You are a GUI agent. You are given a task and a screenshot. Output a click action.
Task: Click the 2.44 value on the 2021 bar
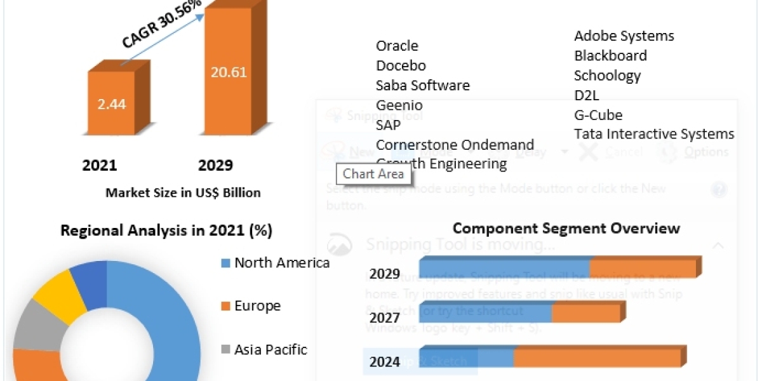click(112, 104)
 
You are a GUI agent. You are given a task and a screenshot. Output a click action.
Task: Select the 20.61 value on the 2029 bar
click(229, 72)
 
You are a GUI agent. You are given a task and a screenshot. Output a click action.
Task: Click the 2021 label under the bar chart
click(100, 166)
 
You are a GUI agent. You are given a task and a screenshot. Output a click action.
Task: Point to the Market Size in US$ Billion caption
click(183, 193)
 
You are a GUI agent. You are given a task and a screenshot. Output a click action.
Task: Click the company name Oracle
click(397, 46)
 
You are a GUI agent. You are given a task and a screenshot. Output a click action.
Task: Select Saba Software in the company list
click(422, 85)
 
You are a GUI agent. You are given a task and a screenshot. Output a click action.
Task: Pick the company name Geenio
click(399, 105)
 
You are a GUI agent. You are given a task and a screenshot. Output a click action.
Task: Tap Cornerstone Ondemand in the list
click(455, 145)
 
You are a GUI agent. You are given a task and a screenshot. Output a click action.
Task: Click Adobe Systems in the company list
click(624, 36)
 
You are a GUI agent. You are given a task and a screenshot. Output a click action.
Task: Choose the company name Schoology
click(607, 76)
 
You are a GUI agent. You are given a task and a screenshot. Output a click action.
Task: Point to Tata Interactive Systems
click(654, 134)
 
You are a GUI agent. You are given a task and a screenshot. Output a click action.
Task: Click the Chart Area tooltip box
click(373, 174)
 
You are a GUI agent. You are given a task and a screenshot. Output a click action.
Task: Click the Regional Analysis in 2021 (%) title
click(166, 231)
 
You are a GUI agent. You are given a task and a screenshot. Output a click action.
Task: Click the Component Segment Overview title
click(566, 229)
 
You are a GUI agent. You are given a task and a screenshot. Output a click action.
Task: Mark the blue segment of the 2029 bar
click(505, 268)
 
